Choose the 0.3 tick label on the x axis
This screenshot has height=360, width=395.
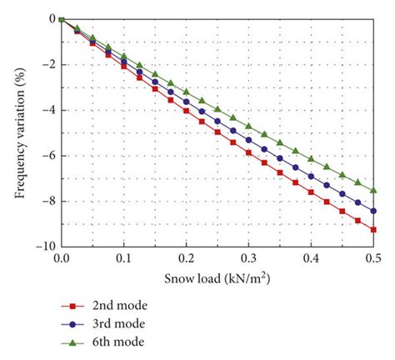pos(248,259)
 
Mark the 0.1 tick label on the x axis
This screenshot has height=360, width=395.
pos(123,259)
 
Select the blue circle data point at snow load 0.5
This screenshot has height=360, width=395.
pos(373,211)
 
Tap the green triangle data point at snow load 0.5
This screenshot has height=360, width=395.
pos(373,190)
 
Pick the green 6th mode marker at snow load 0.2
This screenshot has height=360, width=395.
pos(186,91)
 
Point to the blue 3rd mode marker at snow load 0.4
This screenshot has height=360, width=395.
pos(311,176)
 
